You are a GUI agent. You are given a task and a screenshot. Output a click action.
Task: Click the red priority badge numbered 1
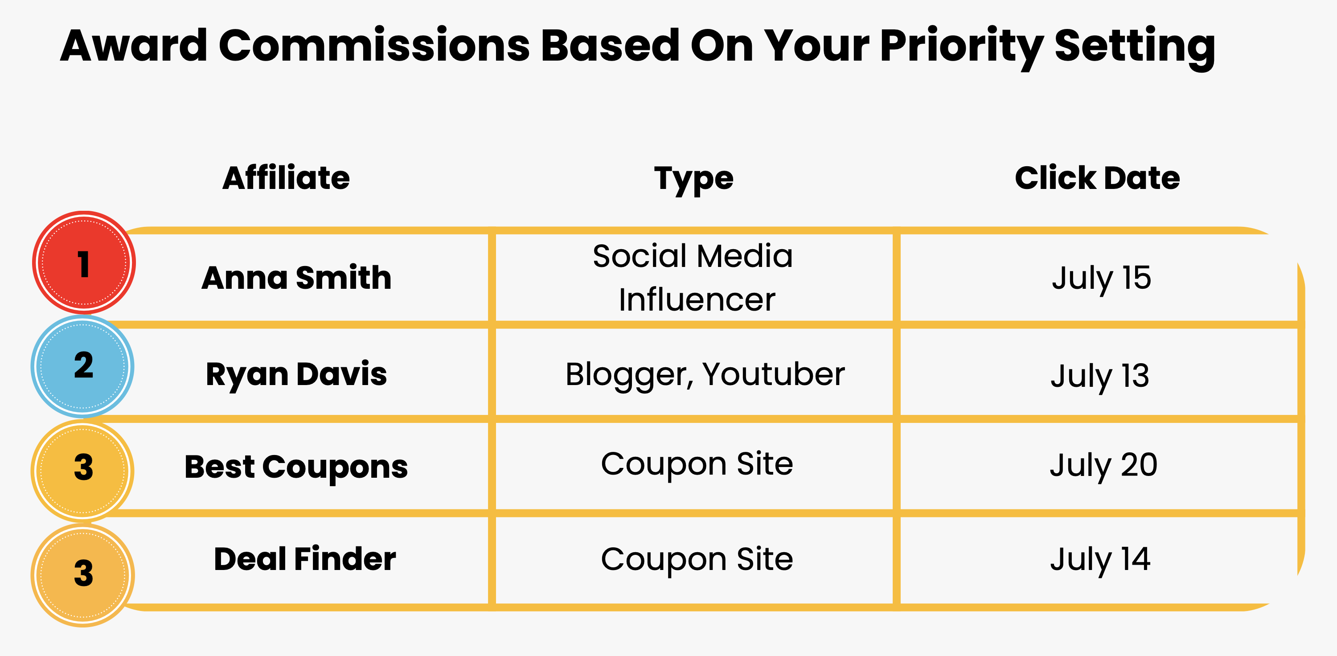[84, 262]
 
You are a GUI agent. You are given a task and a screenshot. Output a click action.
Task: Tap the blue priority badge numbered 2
[83, 366]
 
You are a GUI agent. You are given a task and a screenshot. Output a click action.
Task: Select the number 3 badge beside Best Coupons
[83, 470]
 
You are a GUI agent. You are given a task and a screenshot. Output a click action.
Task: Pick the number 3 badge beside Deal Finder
[83, 575]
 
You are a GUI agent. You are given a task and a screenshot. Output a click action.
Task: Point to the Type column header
[693, 179]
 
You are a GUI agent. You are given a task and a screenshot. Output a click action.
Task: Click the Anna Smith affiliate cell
[296, 278]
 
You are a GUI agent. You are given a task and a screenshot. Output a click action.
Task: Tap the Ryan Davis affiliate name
[296, 374]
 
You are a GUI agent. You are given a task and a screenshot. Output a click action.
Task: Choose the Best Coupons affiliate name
[296, 467]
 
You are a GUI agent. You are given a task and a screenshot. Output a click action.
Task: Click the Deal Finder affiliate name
[305, 559]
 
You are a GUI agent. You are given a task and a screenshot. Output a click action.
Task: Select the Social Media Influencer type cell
[693, 278]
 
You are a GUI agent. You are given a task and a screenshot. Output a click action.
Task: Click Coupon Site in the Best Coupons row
[697, 464]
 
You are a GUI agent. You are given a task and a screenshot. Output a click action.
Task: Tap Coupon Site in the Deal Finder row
[697, 559]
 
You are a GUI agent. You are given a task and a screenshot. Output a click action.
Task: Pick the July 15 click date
[1101, 278]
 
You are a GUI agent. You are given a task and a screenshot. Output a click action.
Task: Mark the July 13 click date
[1100, 376]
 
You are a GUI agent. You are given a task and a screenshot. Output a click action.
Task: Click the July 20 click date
[1103, 466]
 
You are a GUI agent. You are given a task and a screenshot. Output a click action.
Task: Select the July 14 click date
[1100, 559]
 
